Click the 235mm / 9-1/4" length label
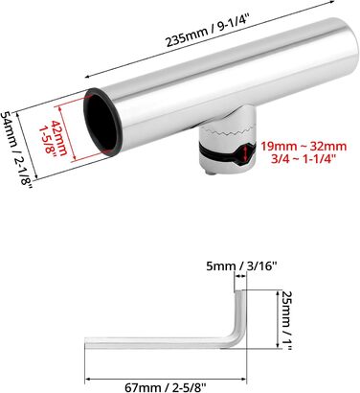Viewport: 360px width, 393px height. click(x=207, y=32)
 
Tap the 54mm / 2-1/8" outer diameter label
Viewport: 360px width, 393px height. click(x=16, y=152)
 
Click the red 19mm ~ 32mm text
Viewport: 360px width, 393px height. click(x=304, y=147)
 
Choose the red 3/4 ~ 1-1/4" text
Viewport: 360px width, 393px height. click(x=304, y=158)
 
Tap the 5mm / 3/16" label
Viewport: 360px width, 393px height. click(x=240, y=266)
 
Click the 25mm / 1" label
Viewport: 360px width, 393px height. click(x=287, y=320)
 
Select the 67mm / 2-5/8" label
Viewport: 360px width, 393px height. click(x=165, y=387)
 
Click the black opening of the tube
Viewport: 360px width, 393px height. click(x=100, y=122)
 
